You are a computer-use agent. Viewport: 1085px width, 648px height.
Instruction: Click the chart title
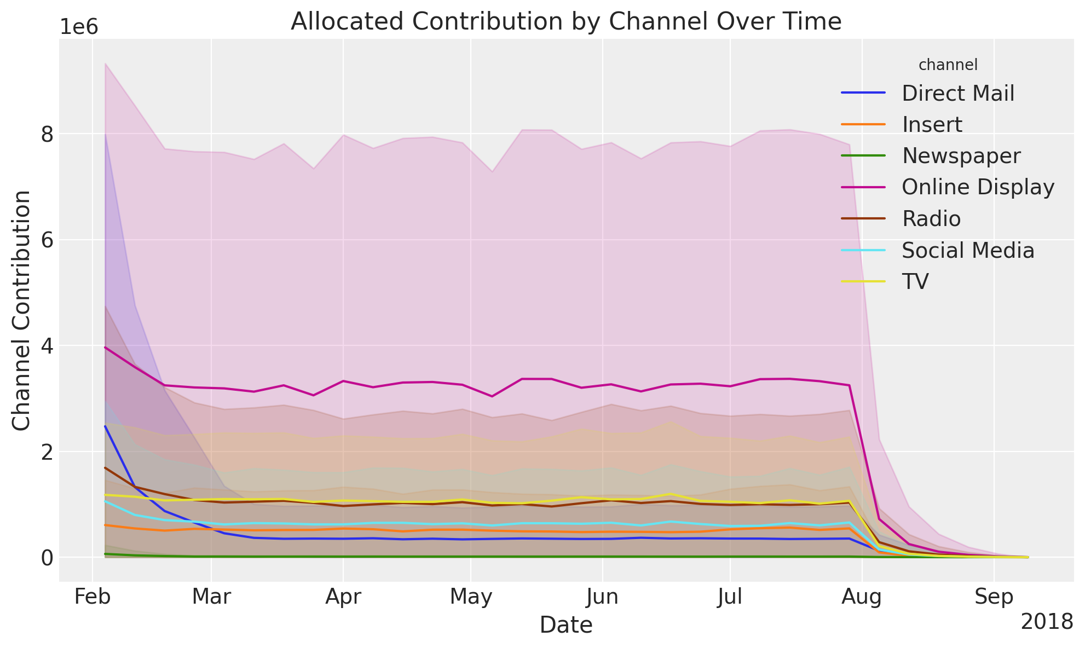click(x=565, y=22)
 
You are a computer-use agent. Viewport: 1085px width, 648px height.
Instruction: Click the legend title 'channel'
click(x=948, y=65)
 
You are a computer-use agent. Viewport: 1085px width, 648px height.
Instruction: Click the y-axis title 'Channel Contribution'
click(x=22, y=310)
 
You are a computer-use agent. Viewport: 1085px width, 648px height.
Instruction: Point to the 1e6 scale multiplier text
click(x=78, y=27)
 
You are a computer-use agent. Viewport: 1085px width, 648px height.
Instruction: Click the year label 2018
click(x=1047, y=622)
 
